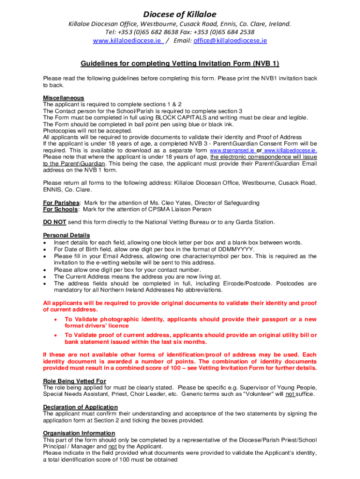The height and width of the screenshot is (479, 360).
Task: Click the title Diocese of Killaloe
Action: coord(180,14)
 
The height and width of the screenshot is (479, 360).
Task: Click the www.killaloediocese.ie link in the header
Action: coord(128,41)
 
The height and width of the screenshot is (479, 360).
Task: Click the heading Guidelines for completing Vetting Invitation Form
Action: coord(180,64)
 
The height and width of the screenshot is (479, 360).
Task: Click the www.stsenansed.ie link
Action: coord(232,151)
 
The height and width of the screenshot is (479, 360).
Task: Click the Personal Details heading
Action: coord(66,235)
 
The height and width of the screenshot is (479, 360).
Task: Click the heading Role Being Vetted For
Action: coord(74,381)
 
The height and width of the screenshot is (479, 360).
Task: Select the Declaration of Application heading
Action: coord(80,407)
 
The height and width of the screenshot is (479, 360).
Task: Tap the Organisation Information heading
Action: coord(79,433)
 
